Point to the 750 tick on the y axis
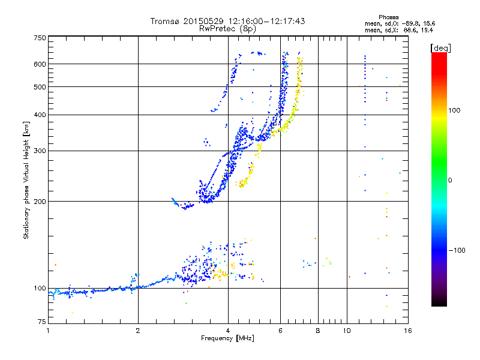pos(40,38)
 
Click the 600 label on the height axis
pos(40,64)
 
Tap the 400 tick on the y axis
pos(40,115)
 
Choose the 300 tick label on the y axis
pos(40,151)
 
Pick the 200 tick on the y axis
pos(40,201)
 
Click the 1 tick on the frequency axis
pos(48,331)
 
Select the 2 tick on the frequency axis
pos(138,331)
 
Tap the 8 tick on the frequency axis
pos(318,331)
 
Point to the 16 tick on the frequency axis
pos(407,331)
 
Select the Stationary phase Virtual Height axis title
pos(26,180)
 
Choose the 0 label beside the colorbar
pos(451,180)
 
